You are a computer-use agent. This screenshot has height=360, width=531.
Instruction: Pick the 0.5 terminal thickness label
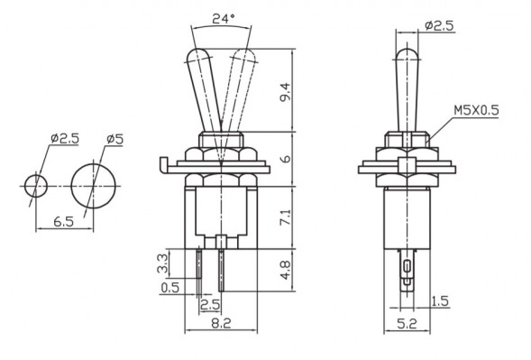[169, 289]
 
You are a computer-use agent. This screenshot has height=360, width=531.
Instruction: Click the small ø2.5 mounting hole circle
[36, 185]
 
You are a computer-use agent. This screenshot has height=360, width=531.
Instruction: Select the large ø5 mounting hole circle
[94, 185]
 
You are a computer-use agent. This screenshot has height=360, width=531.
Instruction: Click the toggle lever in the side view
[406, 86]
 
